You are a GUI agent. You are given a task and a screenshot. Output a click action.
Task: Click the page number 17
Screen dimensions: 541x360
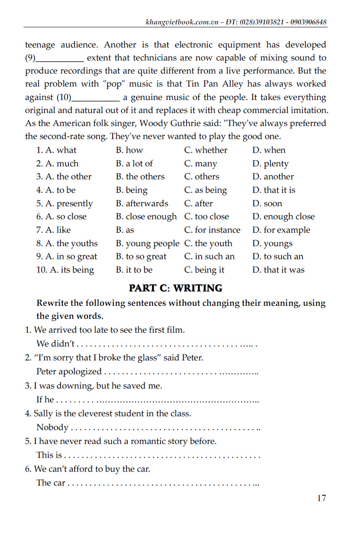point(321,498)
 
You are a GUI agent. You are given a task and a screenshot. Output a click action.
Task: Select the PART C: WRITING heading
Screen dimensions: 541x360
point(175,288)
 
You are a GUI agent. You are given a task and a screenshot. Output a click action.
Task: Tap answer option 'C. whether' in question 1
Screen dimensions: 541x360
point(205,150)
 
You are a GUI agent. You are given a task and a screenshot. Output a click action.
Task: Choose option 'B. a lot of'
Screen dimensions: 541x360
point(134,163)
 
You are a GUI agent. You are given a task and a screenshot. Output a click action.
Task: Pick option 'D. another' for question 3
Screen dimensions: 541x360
point(273,177)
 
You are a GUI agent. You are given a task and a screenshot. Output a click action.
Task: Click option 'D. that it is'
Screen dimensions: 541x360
point(273,190)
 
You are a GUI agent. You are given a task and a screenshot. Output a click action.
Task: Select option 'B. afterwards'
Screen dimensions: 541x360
point(142,204)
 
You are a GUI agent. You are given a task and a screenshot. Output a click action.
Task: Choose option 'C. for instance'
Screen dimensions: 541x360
point(212,230)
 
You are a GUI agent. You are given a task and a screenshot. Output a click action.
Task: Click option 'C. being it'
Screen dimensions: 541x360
point(204,270)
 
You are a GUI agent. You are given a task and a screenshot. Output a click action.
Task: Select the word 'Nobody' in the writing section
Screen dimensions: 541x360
point(52,428)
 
